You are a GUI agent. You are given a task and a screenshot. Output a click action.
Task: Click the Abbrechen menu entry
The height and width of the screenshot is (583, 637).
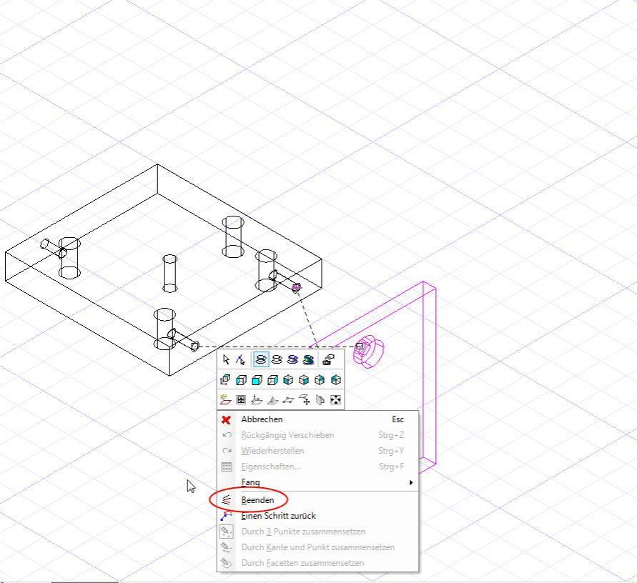[262, 419]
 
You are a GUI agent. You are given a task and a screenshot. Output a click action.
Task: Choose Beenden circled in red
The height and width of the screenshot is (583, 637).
[257, 500]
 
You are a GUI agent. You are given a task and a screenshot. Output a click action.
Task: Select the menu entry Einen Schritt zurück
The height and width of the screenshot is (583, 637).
[278, 516]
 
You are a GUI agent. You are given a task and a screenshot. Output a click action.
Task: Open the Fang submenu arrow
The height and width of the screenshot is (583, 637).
[411, 482]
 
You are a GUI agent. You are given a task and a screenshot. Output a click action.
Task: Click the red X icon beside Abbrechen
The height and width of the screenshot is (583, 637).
[227, 420]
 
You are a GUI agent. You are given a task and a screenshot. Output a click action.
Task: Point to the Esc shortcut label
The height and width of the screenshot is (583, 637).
[397, 419]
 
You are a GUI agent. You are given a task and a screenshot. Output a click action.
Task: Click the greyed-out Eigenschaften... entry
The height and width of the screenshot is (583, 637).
[270, 467]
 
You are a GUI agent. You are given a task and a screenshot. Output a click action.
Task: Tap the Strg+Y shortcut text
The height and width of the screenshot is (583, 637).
[391, 451]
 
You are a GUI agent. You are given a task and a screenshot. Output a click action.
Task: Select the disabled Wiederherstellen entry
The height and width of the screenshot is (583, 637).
[272, 451]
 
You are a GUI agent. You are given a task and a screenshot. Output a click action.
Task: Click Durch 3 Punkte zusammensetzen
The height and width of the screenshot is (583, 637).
[303, 532]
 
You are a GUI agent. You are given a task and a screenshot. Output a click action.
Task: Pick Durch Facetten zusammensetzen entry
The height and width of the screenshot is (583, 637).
[302, 563]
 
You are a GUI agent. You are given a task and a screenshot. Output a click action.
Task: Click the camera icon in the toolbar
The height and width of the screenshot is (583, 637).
[328, 359]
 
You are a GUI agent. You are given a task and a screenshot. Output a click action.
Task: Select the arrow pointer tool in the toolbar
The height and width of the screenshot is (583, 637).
[227, 359]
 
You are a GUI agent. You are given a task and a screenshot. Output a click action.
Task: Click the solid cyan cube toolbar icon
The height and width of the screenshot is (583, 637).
[257, 380]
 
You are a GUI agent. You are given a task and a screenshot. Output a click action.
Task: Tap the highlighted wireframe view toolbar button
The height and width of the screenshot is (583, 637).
[261, 359]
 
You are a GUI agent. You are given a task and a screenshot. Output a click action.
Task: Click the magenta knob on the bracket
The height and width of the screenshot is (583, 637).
[368, 352]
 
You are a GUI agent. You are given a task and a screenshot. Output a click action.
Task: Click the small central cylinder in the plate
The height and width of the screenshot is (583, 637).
[170, 273]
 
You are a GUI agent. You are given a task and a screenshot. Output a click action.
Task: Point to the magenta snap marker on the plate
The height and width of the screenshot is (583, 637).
[297, 287]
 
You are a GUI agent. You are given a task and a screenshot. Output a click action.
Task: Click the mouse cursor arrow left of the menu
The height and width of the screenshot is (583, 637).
[191, 486]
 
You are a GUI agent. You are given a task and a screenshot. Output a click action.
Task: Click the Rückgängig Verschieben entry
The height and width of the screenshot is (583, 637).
[287, 435]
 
